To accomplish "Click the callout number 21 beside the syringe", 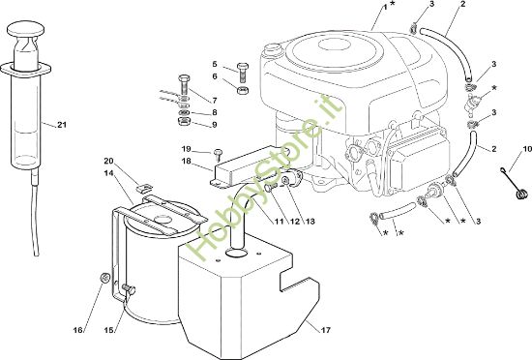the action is [61, 125].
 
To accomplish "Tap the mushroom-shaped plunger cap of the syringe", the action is [26, 28].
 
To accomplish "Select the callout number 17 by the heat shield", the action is [325, 330].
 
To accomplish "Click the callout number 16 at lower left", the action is [78, 330].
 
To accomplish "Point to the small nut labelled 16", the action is [104, 277].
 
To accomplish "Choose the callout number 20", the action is [108, 161].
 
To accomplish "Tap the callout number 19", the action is [187, 149].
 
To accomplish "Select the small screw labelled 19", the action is [218, 155].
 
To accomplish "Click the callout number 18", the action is [187, 161].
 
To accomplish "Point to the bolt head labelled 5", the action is [243, 66].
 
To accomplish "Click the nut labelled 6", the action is [242, 91].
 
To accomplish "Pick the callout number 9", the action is [214, 125].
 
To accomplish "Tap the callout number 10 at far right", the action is [527, 149].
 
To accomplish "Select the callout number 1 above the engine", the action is [385, 7].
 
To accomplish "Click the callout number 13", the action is [310, 222].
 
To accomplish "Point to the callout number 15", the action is [108, 330].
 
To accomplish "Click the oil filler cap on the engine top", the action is [271, 47].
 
